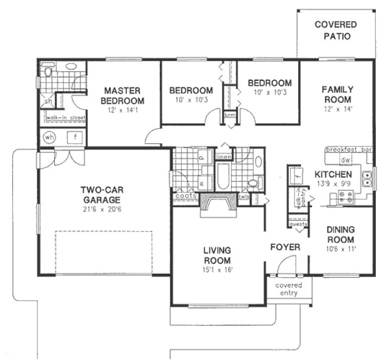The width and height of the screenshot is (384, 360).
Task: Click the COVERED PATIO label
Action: (336, 30)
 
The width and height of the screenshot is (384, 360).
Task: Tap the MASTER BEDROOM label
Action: (124, 95)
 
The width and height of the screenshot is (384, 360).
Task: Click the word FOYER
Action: (285, 247)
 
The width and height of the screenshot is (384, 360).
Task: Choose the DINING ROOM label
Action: (340, 235)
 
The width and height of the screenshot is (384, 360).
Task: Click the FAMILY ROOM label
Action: (337, 94)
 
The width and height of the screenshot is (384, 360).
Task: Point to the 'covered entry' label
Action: (289, 289)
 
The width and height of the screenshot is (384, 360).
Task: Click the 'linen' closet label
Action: (223, 157)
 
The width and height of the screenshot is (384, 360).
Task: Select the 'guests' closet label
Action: (298, 223)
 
